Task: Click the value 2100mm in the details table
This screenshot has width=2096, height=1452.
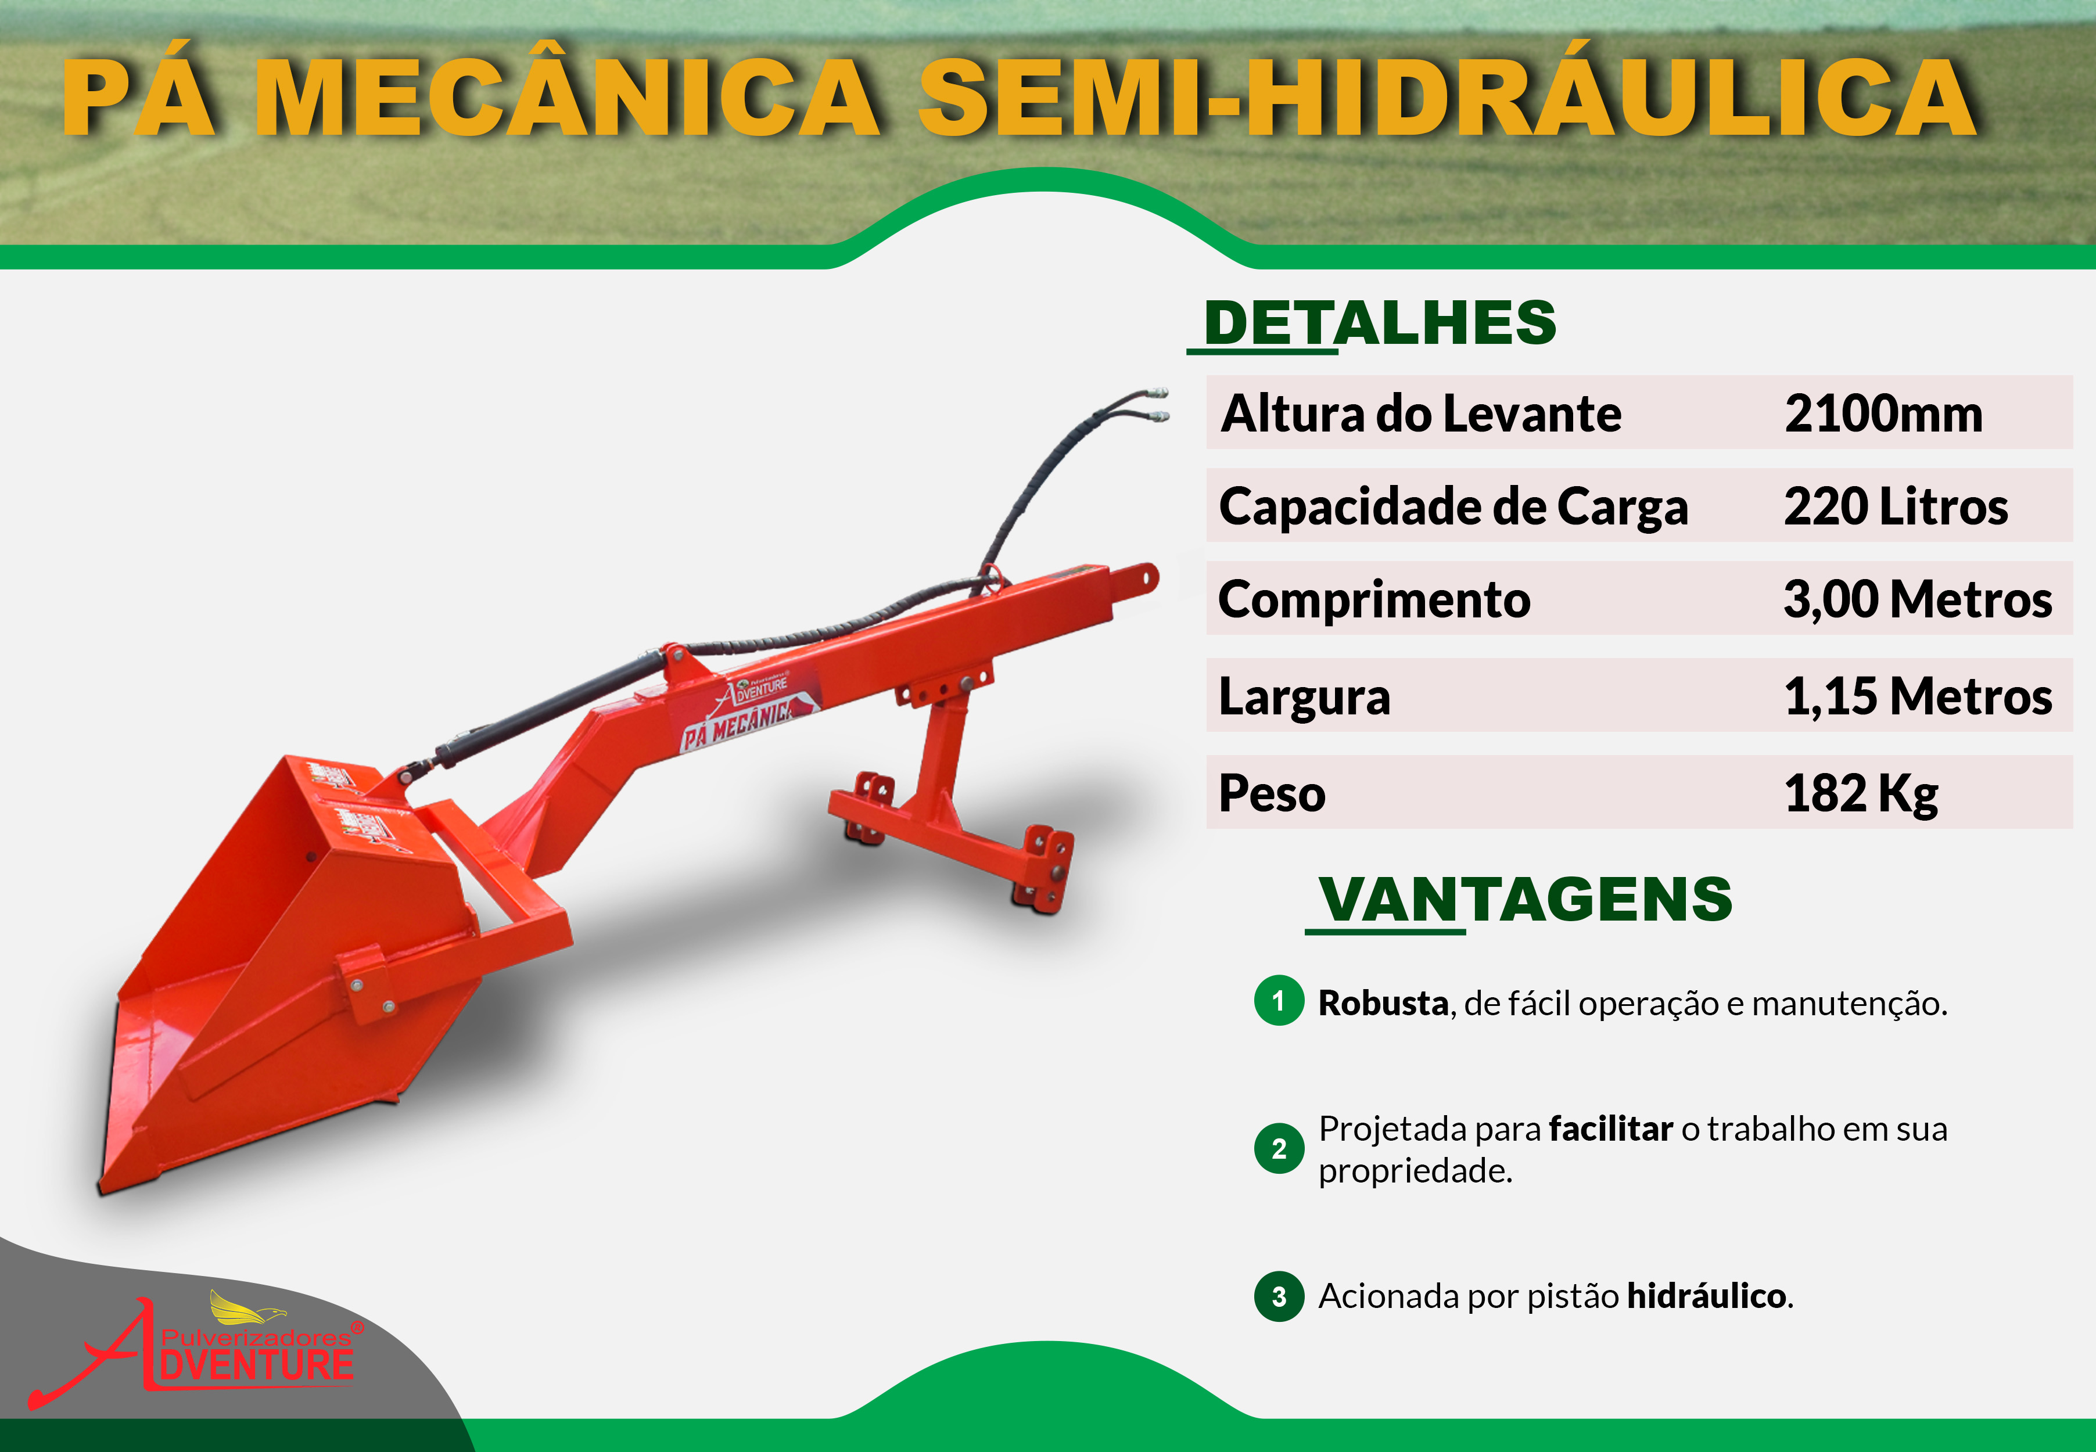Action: [x=1883, y=414]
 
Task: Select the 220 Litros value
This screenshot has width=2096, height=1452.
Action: [x=1896, y=506]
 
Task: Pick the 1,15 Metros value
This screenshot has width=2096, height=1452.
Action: [x=1918, y=697]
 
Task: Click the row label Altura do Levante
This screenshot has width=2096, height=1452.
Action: [x=1421, y=414]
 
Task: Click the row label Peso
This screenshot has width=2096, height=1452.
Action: [x=1272, y=793]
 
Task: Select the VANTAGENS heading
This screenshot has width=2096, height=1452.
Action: [x=1526, y=900]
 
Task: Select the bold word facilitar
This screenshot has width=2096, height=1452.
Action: [x=1611, y=1129]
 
